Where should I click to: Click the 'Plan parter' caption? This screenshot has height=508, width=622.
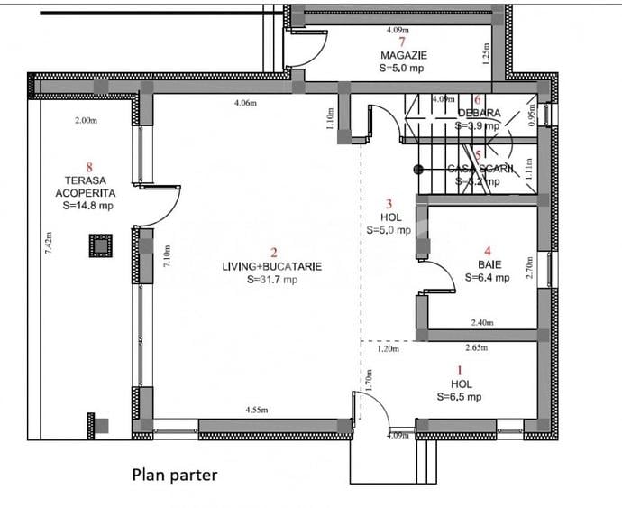click(x=175, y=475)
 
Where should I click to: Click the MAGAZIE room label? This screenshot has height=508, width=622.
click(x=403, y=55)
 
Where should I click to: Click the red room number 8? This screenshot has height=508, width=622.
click(x=87, y=166)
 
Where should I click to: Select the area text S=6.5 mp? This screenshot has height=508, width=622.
click(x=459, y=396)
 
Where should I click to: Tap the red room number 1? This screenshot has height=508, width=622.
click(x=461, y=369)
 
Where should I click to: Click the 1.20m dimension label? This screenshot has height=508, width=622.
click(x=388, y=348)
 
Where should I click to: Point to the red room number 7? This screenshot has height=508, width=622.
click(x=402, y=42)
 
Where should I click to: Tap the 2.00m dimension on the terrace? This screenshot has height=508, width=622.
click(x=87, y=120)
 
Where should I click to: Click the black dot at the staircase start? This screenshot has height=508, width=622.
click(x=417, y=169)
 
